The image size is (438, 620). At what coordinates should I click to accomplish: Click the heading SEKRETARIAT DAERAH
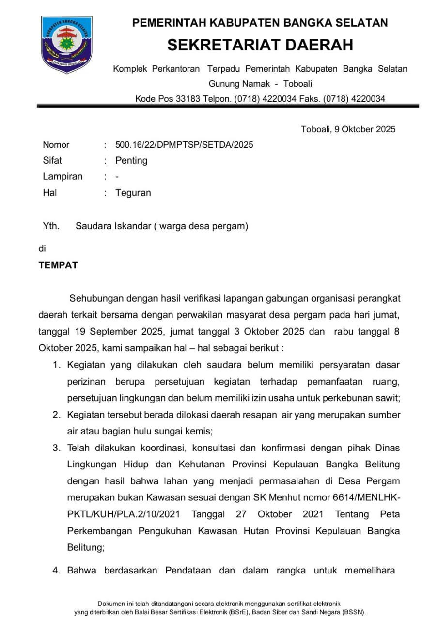260,45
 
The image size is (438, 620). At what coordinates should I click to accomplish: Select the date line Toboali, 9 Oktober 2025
348,129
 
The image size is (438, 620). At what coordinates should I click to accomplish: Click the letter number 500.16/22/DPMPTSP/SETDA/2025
184,145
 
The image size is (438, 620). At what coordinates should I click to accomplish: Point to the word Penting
131,160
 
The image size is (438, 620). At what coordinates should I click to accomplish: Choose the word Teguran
133,193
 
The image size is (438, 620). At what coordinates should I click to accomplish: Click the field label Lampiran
63,176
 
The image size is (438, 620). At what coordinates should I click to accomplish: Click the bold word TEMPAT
58,266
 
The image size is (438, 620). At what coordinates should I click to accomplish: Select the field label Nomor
56,145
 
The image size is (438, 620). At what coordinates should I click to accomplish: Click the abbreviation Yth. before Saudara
50,226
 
